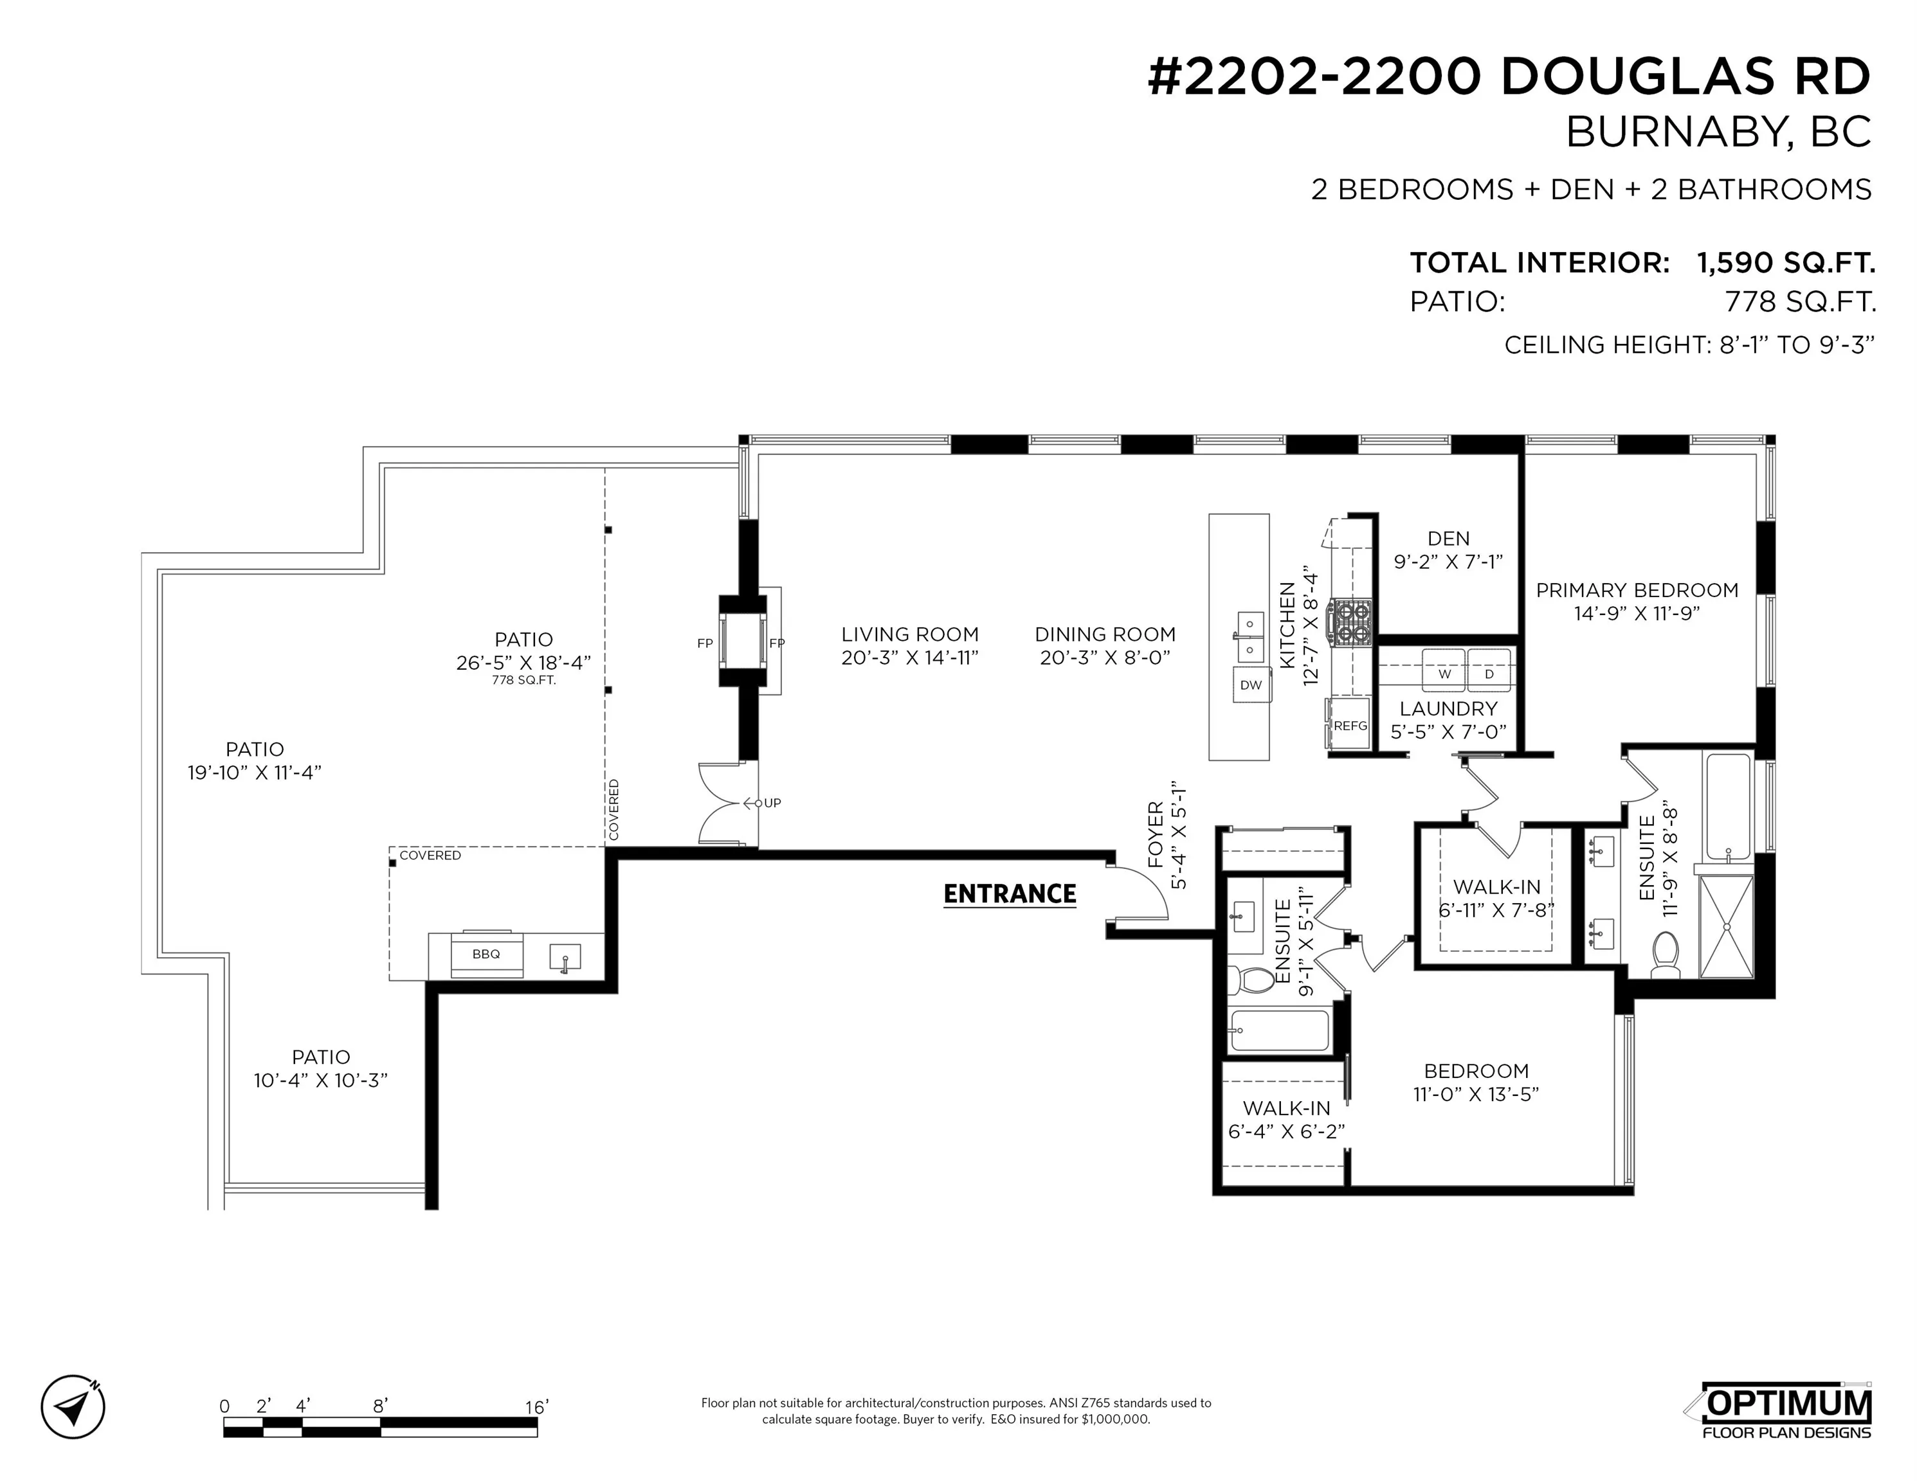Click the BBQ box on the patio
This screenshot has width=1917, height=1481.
[x=486, y=954]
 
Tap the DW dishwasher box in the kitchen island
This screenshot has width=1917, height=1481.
[x=1251, y=685]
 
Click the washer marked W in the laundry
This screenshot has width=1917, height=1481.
[x=1444, y=672]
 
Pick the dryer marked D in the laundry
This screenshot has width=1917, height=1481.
[x=1489, y=672]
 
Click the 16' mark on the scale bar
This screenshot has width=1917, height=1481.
[x=536, y=1406]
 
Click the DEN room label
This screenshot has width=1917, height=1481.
[x=1448, y=539]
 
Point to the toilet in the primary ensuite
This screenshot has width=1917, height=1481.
[x=1664, y=955]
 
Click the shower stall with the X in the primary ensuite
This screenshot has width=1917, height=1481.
[x=1725, y=926]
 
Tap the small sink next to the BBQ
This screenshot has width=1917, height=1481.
[x=565, y=956]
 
